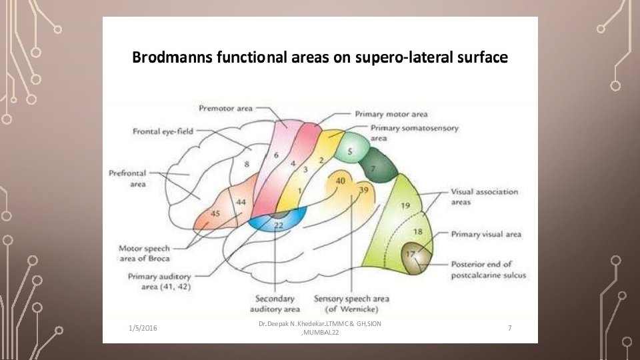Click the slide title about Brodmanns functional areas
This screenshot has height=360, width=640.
tap(320, 58)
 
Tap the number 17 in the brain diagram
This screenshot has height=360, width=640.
tap(411, 254)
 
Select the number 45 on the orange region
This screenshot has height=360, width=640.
tap(215, 213)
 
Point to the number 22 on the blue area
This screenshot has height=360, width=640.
tap(279, 226)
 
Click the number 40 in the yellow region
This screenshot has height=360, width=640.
tap(341, 181)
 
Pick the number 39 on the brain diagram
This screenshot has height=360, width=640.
tap(363, 190)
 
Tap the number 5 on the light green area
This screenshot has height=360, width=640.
tap(349, 152)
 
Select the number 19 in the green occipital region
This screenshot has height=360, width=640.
tap(405, 206)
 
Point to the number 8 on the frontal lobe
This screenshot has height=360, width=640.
tap(247, 163)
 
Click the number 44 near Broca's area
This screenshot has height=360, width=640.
tap(241, 201)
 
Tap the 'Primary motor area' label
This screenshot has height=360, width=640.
tap(391, 114)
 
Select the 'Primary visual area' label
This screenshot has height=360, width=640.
tap(486, 234)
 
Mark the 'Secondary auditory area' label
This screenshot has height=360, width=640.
tap(275, 304)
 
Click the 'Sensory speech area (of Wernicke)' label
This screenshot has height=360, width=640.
tap(351, 304)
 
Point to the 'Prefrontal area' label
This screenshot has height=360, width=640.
tap(127, 179)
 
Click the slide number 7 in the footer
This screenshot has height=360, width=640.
tap(509, 328)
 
